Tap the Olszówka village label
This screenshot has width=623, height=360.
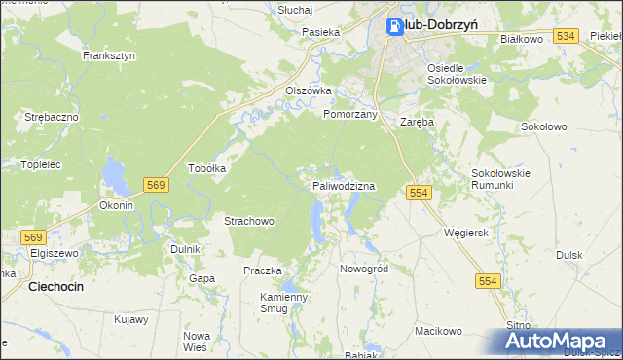(x=309, y=90)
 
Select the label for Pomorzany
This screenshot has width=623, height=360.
(x=349, y=114)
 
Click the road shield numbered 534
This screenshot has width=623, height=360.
(x=568, y=36)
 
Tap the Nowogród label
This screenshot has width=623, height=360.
(x=363, y=269)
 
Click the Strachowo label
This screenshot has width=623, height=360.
(x=249, y=222)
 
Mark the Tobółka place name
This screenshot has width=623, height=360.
(x=206, y=167)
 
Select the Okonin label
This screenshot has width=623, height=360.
(x=116, y=206)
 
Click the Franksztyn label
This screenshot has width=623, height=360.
(x=109, y=56)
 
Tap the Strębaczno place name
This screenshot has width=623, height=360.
(x=52, y=117)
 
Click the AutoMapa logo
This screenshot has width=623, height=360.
(x=561, y=342)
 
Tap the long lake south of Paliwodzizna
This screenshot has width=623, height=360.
(x=318, y=221)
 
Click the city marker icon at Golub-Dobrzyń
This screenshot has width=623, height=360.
(x=395, y=27)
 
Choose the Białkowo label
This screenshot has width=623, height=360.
(x=520, y=40)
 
